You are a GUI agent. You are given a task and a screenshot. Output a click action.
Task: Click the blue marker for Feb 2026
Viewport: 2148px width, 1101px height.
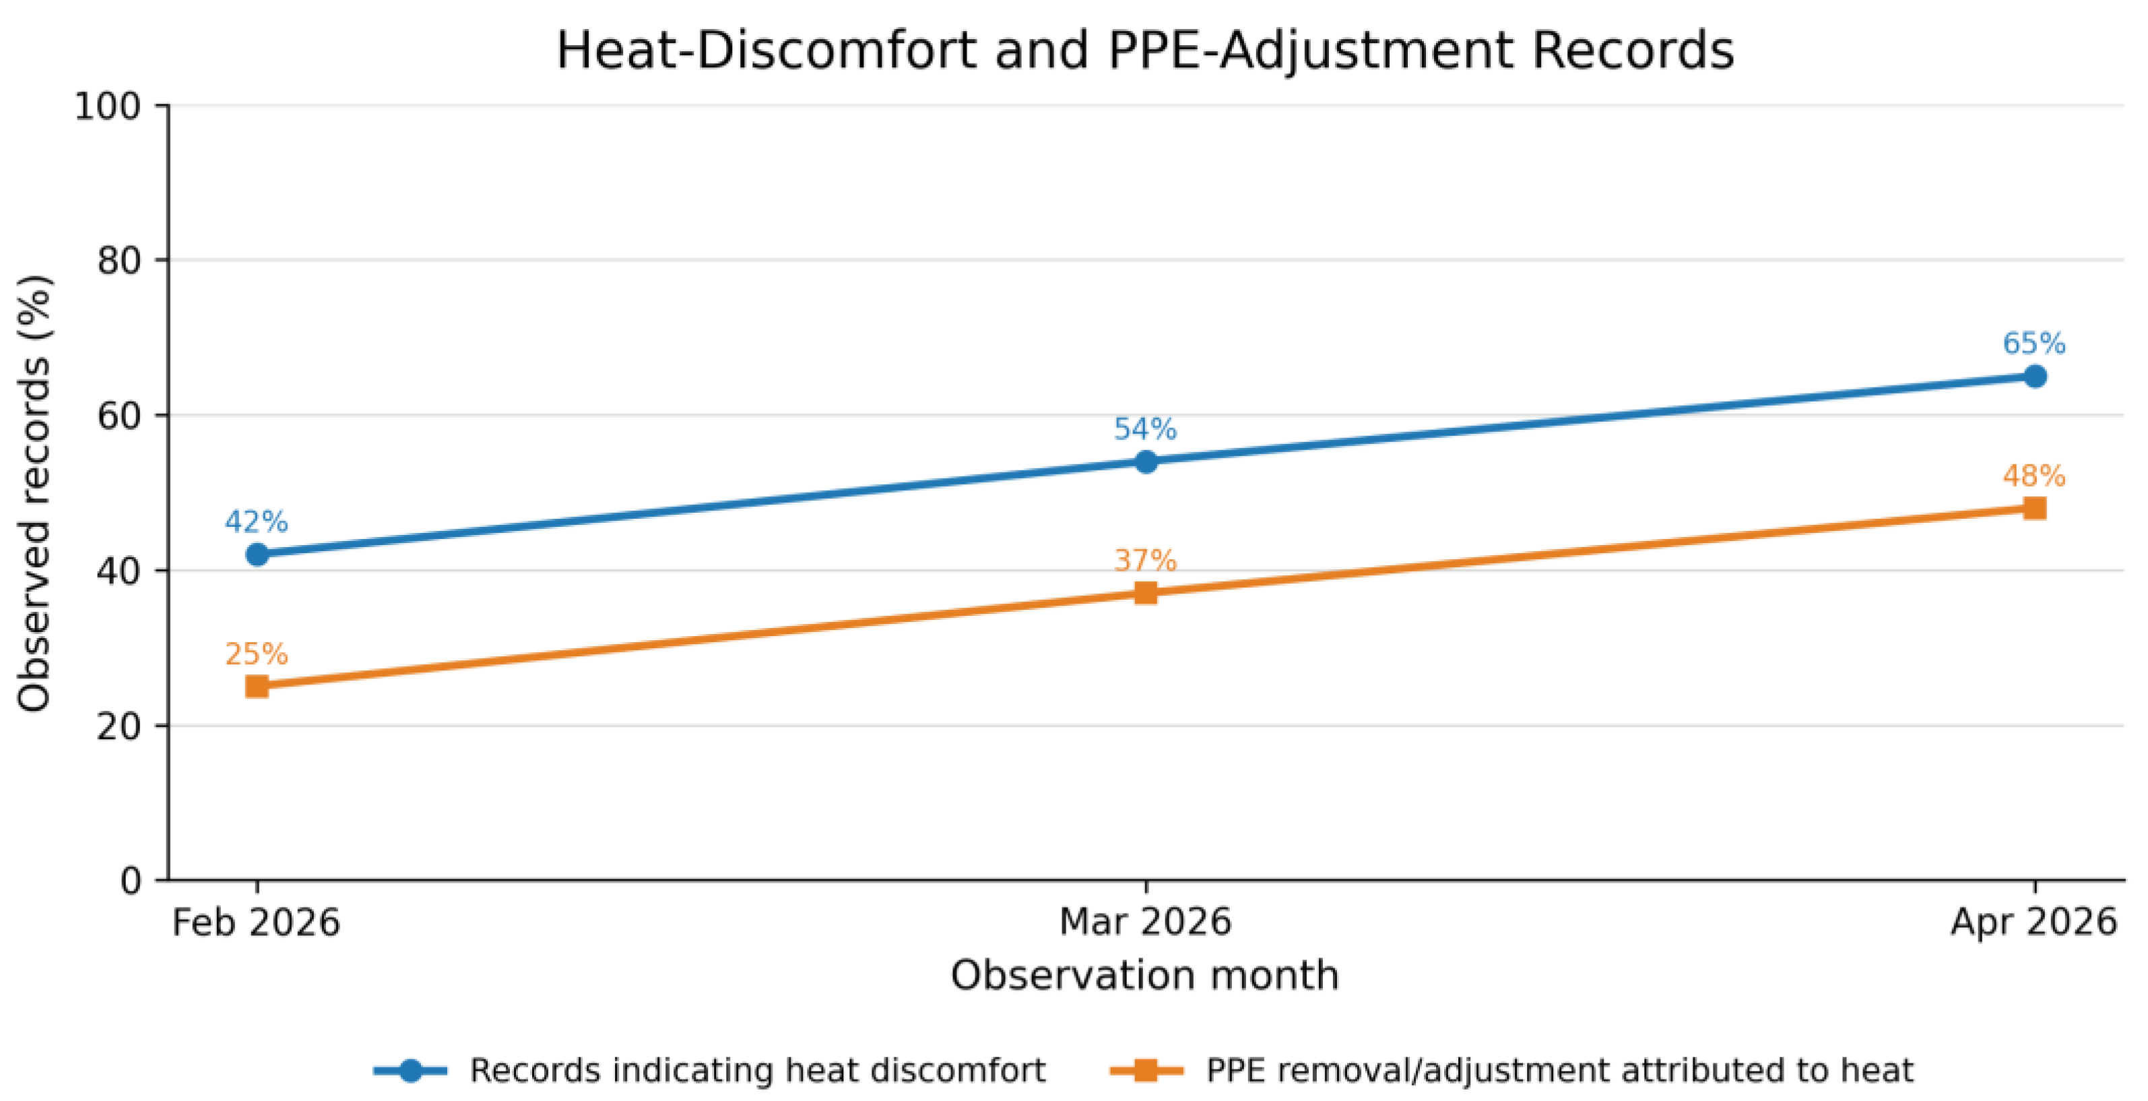(x=257, y=555)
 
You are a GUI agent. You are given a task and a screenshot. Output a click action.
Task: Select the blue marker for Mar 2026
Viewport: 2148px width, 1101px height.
(x=1146, y=462)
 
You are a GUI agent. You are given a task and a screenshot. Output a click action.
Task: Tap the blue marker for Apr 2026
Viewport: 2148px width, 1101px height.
(x=2035, y=376)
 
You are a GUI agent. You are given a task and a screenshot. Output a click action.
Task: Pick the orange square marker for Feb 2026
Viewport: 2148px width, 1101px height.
(x=257, y=687)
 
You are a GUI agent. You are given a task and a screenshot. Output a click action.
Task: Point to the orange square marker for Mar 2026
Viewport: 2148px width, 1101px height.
(x=1146, y=593)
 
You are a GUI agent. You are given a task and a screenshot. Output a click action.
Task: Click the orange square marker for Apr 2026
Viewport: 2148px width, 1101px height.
(x=2035, y=508)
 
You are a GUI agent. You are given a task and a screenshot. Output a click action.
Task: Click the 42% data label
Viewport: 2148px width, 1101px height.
(x=256, y=522)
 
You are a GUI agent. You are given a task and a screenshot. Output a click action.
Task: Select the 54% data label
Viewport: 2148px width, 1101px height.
(x=1145, y=430)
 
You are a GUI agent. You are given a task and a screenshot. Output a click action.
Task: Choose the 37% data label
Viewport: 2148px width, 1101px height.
(x=1145, y=561)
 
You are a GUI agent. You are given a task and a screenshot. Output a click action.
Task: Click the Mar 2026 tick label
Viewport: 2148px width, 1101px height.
(x=1145, y=922)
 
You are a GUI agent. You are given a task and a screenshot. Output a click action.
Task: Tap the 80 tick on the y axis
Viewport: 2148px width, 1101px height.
(x=120, y=260)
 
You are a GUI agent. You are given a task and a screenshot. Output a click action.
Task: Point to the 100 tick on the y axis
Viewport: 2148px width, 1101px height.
(x=109, y=106)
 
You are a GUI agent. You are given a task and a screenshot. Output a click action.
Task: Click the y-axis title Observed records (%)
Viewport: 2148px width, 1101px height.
(x=34, y=494)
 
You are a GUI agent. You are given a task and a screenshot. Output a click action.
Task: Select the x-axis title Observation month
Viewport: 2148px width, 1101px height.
(x=1145, y=975)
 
